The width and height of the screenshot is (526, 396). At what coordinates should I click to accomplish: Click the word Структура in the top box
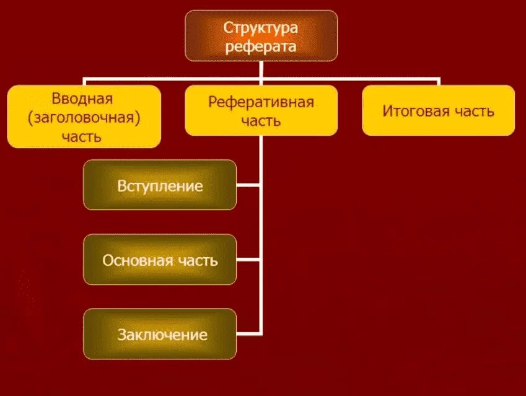point(261,27)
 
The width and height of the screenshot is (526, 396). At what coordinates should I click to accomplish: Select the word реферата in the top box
point(261,46)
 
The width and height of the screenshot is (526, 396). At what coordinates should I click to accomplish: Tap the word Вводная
point(83,99)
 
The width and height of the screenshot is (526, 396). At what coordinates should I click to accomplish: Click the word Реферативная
point(261,102)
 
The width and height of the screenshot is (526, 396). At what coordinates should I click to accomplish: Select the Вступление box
point(160,185)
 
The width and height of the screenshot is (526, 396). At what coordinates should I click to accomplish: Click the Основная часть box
point(160,260)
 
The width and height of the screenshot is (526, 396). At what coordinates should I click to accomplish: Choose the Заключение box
point(160,335)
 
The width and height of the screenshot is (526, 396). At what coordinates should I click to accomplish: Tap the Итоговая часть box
point(438,110)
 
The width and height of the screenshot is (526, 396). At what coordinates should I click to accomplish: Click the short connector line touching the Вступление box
point(248,184)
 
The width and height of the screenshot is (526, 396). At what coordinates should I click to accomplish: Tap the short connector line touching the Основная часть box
point(248,259)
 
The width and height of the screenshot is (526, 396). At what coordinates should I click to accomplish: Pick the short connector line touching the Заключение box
point(248,334)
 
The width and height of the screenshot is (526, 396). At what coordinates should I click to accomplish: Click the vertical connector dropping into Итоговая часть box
point(438,82)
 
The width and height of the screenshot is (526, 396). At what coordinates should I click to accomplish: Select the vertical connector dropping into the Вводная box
point(84,82)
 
